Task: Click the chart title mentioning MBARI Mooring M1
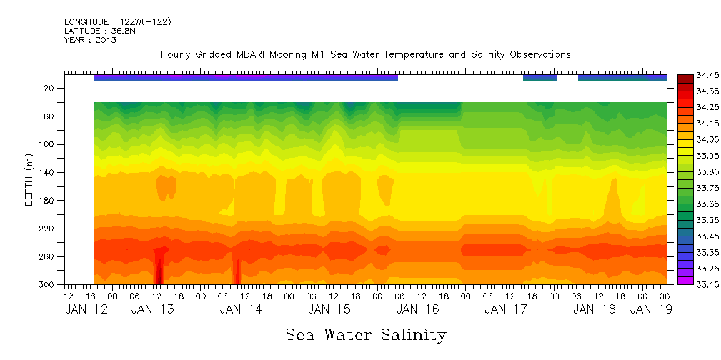(365, 54)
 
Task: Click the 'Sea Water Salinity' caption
(366, 335)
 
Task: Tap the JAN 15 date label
(329, 309)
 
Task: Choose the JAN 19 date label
(650, 309)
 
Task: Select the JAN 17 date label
(506, 309)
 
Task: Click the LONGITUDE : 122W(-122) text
(117, 22)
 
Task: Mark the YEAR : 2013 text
(90, 41)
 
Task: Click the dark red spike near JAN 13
(159, 268)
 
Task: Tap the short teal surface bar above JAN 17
(539, 78)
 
